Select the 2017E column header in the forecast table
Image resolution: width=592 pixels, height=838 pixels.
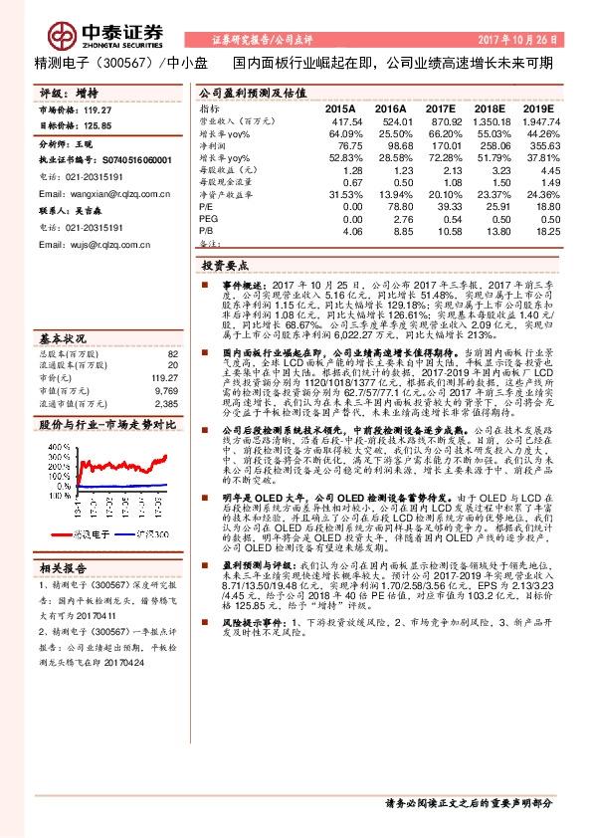440,107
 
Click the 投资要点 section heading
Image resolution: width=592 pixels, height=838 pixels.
226,267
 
